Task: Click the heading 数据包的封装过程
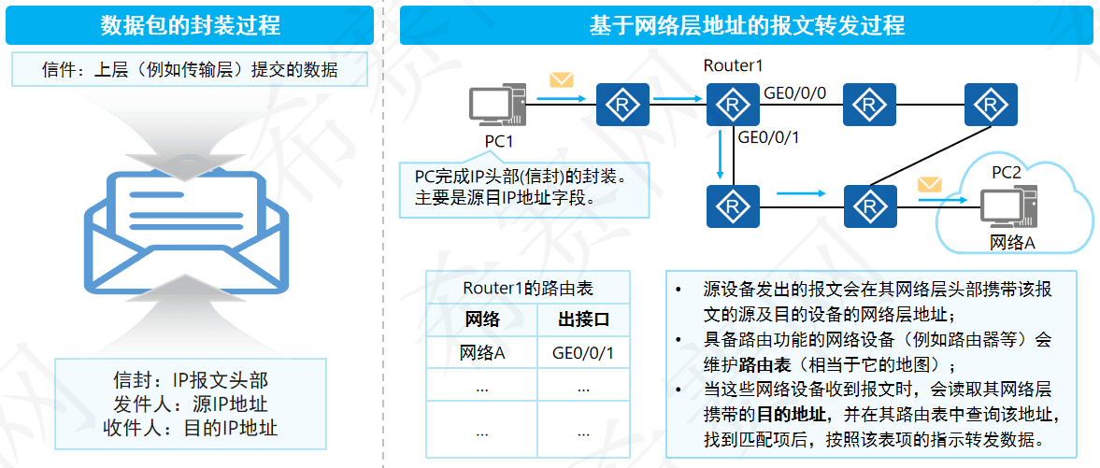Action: tap(190, 24)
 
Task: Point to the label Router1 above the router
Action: tap(733, 66)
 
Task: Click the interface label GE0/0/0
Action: tap(795, 93)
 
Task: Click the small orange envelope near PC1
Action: tap(561, 79)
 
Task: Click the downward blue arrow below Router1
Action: tap(721, 155)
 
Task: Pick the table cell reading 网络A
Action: tap(482, 353)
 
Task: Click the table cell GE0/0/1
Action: tap(583, 353)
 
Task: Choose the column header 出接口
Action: tap(583, 320)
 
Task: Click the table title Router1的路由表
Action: tap(527, 289)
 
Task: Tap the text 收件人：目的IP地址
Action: tap(190, 429)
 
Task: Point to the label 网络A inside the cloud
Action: tap(1011, 243)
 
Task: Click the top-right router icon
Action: tap(991, 104)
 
